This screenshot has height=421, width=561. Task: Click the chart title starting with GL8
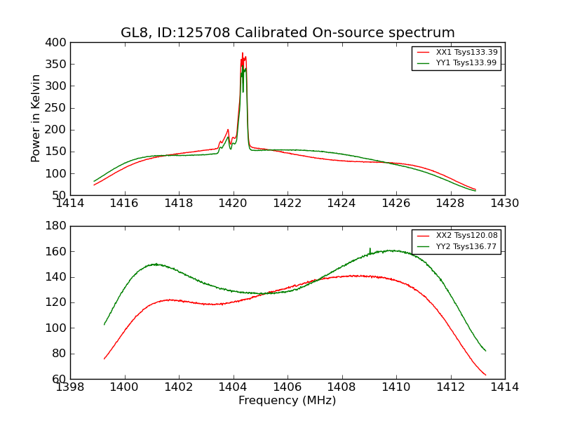288,33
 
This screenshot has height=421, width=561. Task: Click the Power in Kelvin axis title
36,119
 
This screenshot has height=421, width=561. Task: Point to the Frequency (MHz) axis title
288,401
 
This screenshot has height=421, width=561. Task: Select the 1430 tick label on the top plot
504,203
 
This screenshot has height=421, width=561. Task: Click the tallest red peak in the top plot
243,53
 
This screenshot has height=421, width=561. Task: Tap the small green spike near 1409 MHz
370,248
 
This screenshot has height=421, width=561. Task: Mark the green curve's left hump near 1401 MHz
155,265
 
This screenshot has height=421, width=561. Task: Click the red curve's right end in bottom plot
485,375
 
